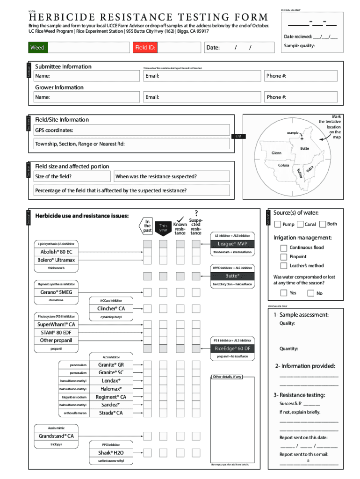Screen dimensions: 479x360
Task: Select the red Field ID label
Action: point(145,48)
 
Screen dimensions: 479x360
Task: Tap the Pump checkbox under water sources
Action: point(278,225)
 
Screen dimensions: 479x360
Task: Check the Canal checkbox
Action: point(300,225)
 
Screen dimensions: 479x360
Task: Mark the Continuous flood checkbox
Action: point(284,248)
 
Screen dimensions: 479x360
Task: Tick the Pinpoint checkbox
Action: point(284,257)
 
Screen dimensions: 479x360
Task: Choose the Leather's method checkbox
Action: point(284,266)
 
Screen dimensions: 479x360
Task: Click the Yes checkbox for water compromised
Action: point(284,293)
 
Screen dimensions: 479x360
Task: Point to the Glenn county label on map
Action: point(277,153)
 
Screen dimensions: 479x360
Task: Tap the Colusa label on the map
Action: point(284,166)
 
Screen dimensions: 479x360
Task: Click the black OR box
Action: point(238,136)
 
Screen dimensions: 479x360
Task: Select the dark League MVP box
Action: point(232,244)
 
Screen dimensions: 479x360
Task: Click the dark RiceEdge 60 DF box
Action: point(232,348)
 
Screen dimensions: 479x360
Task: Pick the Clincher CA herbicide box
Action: point(111,308)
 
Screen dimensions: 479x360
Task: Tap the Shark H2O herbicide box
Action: point(111,452)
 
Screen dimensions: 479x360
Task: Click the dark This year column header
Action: point(163,228)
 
